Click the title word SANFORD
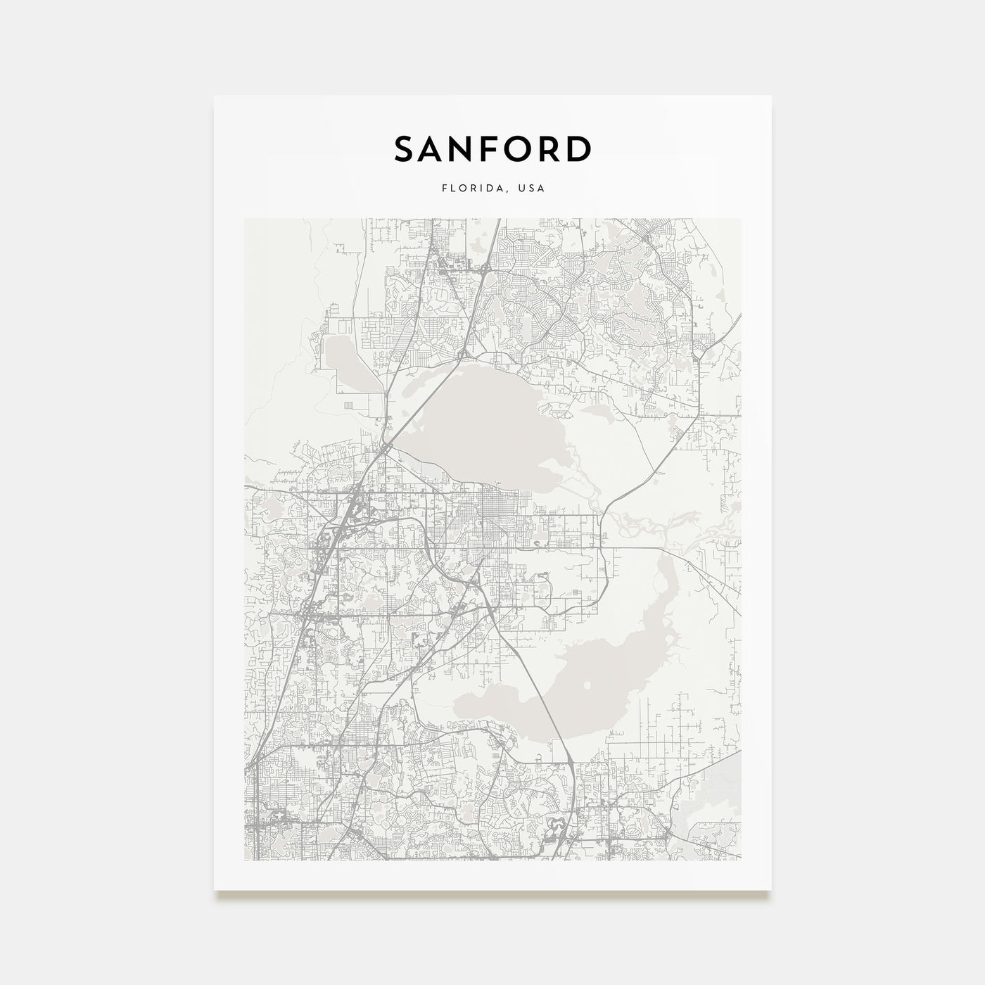493,148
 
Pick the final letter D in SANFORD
580,148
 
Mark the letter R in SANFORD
549,148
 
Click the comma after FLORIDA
509,191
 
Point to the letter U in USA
520,189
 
